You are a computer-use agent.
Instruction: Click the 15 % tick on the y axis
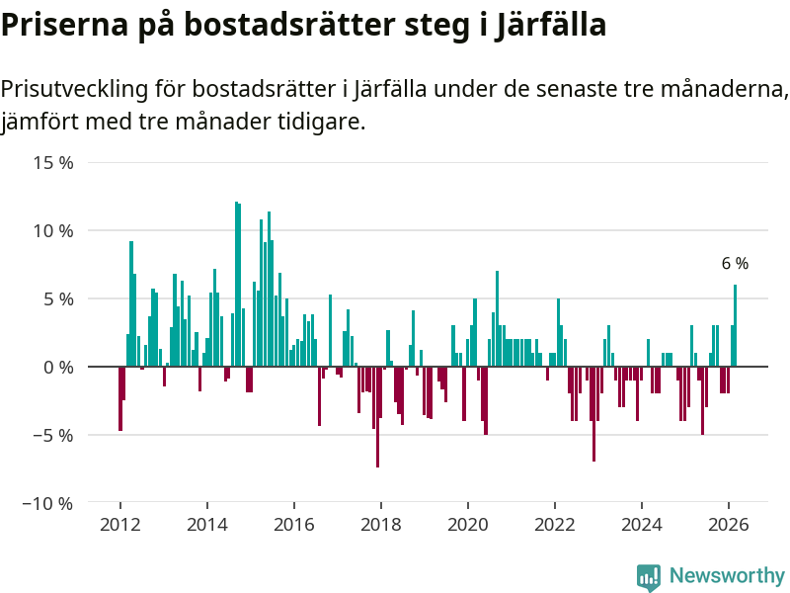pyautogui.click(x=52, y=162)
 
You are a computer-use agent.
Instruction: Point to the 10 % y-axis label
pyautogui.click(x=52, y=230)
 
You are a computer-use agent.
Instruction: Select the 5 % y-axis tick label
pyautogui.click(x=58, y=298)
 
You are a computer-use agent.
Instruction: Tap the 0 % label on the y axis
pyautogui.click(x=58, y=367)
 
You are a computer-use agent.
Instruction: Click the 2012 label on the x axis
pyautogui.click(x=119, y=525)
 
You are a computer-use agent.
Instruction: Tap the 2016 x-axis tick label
pyautogui.click(x=293, y=525)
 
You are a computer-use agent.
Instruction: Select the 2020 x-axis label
pyautogui.click(x=467, y=525)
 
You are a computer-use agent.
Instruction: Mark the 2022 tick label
pyautogui.click(x=555, y=525)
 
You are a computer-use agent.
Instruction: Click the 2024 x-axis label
pyautogui.click(x=642, y=525)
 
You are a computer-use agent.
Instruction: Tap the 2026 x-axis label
pyautogui.click(x=729, y=525)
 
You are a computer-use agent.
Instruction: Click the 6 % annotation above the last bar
pyautogui.click(x=735, y=264)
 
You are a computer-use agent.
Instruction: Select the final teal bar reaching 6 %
pyautogui.click(x=735, y=326)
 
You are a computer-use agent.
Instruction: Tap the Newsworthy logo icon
pyautogui.click(x=649, y=577)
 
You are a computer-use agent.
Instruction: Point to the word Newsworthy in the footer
pyautogui.click(x=727, y=576)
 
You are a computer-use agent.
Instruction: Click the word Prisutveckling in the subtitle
pyautogui.click(x=74, y=89)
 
